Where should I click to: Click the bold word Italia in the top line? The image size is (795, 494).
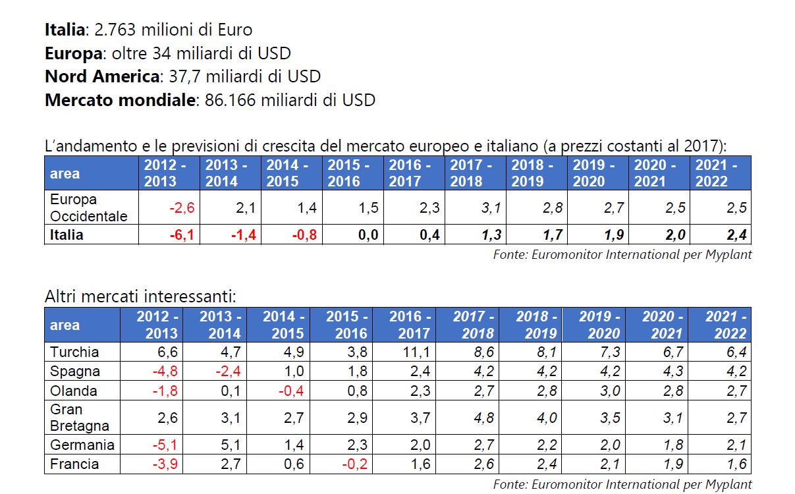pos(65,30)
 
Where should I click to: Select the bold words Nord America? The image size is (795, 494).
pos(102,76)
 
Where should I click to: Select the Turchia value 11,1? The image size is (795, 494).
pos(417,352)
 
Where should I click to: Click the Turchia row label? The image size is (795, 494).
pos(74,352)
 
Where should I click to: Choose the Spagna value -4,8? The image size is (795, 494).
pos(164,371)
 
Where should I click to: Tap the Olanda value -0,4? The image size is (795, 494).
pos(290,391)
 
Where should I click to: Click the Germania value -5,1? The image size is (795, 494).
pos(164,445)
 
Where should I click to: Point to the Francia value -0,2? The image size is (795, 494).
pos(354,464)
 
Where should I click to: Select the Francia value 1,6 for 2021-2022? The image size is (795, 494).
pos(737,464)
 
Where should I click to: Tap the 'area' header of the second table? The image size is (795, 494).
pos(65,325)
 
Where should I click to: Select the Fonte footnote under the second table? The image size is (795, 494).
pos(622,484)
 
